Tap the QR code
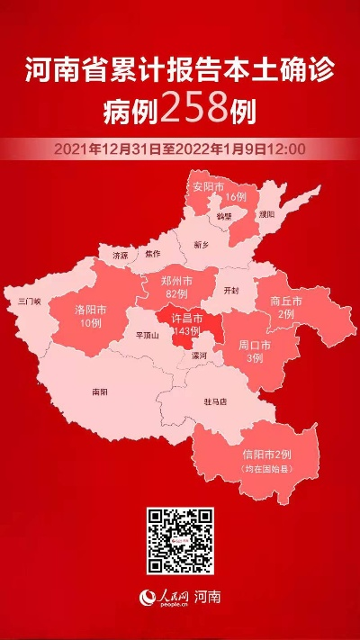tap(180, 542)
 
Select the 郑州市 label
tap(176, 282)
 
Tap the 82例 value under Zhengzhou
tap(176, 294)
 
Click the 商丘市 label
tap(285, 301)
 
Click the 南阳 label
tap(99, 392)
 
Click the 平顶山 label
tap(146, 335)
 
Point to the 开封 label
tap(232, 291)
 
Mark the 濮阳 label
tap(266, 214)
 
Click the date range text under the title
tap(180, 148)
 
